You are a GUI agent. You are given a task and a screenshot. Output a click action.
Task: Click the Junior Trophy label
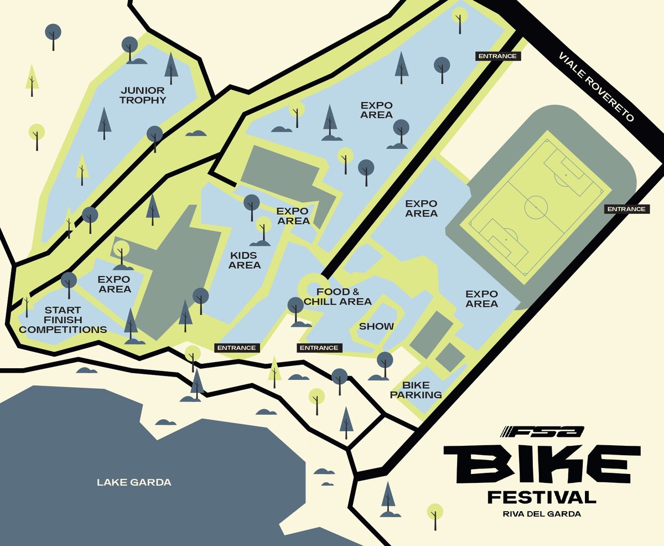tap(143, 95)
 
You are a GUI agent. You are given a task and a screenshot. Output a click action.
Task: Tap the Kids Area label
tap(245, 260)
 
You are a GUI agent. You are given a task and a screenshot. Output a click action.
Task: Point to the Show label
tap(376, 326)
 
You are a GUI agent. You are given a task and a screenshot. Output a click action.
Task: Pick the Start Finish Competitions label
tap(63, 320)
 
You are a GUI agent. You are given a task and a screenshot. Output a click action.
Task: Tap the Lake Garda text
tap(134, 482)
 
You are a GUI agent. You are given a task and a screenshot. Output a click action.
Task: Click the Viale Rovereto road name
tap(595, 87)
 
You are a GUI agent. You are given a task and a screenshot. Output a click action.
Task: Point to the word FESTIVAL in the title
tap(542, 497)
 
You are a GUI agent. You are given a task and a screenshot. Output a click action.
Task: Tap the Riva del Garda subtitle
tap(542, 514)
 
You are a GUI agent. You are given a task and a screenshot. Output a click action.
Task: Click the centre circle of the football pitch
tap(535, 203)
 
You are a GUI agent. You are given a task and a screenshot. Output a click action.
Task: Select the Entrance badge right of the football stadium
tap(626, 209)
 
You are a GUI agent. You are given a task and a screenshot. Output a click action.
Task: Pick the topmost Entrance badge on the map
tap(497, 56)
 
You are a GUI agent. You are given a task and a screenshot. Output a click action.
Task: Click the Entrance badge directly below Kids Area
tap(236, 348)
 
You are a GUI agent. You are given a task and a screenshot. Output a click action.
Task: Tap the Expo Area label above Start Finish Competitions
tap(114, 284)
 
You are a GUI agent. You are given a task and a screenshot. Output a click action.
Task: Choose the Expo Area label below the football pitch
tap(481, 298)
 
